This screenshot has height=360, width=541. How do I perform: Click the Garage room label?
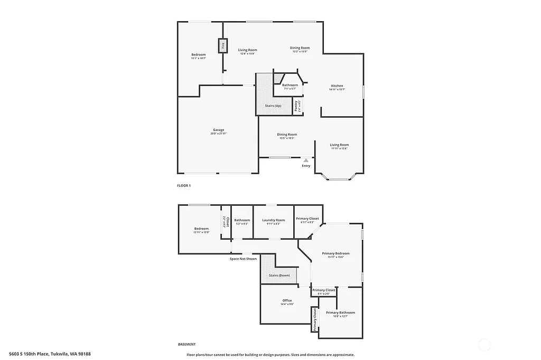point(218,130)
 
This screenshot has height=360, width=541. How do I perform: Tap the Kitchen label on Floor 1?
point(337,86)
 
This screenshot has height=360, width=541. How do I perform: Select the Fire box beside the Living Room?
point(223,46)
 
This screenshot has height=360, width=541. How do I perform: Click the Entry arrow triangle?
point(306,159)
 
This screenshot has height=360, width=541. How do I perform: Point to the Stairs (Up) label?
point(273,106)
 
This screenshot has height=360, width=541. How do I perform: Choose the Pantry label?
point(296,106)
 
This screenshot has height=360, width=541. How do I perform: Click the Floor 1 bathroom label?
point(290,85)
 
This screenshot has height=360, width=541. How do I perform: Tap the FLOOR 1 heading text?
point(184,186)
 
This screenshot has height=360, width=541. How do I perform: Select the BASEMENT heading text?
point(186,344)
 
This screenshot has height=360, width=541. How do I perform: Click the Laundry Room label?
point(273,220)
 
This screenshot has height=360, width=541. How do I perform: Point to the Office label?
point(287,300)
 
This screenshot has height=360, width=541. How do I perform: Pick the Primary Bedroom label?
point(335,253)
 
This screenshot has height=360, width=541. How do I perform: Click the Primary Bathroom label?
point(340,312)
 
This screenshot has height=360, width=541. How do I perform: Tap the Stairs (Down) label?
point(279,276)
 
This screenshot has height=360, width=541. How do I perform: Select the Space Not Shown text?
point(243,259)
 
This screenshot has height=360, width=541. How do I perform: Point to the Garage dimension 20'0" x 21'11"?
point(218,134)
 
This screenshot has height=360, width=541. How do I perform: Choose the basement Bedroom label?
point(201,229)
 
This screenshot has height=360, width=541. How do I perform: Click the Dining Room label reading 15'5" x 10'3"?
point(287,138)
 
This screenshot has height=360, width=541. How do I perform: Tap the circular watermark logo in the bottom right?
point(484,346)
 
